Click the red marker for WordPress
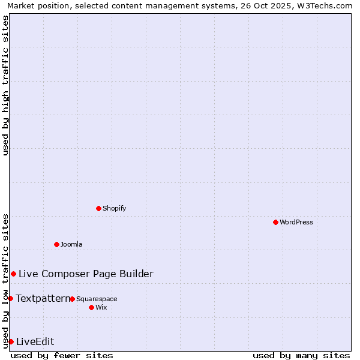(275, 222)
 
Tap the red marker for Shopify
(98, 208)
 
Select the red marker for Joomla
(56, 244)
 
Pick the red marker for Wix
(91, 307)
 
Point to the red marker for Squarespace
(72, 299)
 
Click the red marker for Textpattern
(10, 298)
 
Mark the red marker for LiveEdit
(11, 341)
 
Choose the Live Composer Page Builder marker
(13, 274)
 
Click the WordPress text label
(296, 222)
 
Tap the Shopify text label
(114, 208)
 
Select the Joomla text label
(71, 244)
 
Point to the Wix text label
(101, 307)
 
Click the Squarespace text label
(97, 299)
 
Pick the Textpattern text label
(43, 298)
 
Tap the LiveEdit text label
(35, 341)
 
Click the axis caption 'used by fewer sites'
(62, 355)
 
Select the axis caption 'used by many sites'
(301, 355)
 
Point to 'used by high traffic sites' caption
(5, 85)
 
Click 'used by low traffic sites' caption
(5, 281)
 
